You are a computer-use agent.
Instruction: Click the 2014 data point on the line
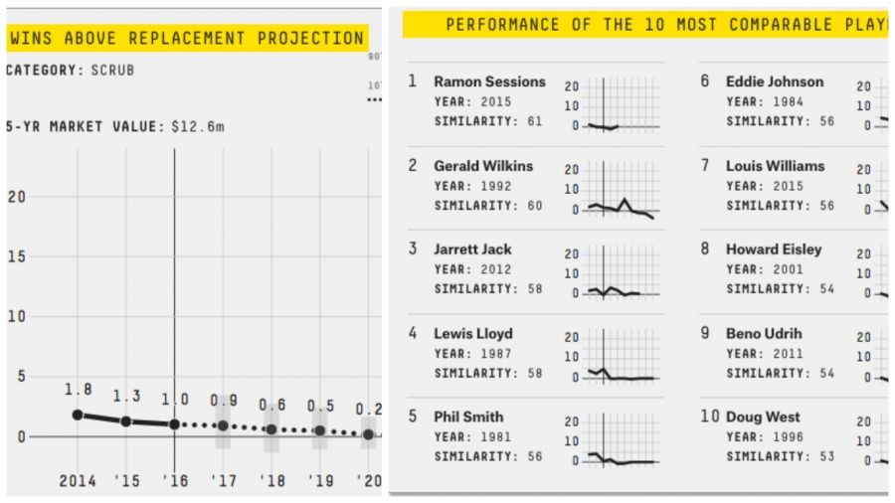click(78, 415)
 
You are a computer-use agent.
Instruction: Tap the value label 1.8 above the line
click(78, 390)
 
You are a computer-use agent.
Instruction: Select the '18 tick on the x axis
click(271, 481)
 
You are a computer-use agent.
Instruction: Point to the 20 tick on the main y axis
click(15, 196)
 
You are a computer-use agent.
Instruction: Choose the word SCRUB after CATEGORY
click(112, 71)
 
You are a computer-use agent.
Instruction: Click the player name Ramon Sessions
click(489, 82)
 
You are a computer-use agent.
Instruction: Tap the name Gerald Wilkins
click(483, 166)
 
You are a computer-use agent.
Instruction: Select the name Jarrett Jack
click(472, 250)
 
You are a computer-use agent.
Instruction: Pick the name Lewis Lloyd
click(473, 334)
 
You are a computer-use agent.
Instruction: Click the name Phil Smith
click(468, 418)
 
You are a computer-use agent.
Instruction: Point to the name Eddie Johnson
click(775, 82)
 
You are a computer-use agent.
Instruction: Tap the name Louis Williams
click(775, 166)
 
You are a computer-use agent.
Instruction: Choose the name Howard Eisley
click(774, 250)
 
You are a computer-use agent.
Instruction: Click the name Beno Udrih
click(764, 334)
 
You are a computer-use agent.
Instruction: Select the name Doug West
click(763, 418)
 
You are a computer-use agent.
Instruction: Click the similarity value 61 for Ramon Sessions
click(535, 121)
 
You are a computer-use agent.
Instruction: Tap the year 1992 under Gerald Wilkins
click(495, 185)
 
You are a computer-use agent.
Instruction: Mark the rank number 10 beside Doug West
click(709, 417)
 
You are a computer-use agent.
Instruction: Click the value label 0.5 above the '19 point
click(320, 407)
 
